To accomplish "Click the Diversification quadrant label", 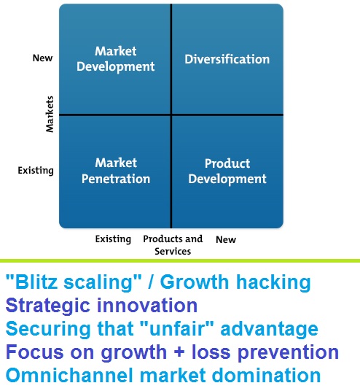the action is (227, 59).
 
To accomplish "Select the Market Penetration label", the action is (116, 171).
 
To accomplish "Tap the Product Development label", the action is (227, 171).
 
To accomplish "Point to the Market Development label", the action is (116, 59).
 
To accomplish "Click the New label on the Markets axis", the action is (42, 58).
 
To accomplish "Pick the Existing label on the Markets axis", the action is (36, 171).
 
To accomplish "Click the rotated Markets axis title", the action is (50, 115).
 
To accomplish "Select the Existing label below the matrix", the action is (113, 239).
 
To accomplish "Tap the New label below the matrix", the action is (226, 240).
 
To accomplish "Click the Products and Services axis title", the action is (173, 245).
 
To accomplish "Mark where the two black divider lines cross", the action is (171, 115).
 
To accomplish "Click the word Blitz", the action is (36, 282).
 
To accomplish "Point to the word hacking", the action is (273, 282).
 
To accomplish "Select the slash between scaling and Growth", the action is (150, 282).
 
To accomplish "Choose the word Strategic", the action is (47, 306).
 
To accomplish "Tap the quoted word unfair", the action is (177, 329).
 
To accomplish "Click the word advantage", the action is (270, 329).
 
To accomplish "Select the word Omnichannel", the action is (69, 376).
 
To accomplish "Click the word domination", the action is (266, 376).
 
